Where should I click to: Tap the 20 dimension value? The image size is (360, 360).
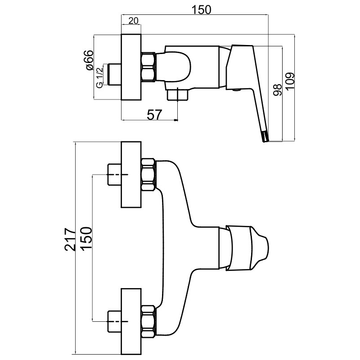point(133,21)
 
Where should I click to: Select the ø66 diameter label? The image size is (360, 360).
point(89,60)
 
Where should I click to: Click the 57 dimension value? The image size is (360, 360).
point(154,115)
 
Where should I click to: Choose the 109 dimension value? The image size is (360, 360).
point(289,81)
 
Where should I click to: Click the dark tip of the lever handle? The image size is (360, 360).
point(265,136)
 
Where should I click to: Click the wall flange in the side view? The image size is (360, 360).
point(131,67)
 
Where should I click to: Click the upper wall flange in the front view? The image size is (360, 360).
point(131,175)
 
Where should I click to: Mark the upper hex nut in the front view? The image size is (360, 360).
point(149,175)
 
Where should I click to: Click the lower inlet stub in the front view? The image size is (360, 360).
point(115,321)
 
